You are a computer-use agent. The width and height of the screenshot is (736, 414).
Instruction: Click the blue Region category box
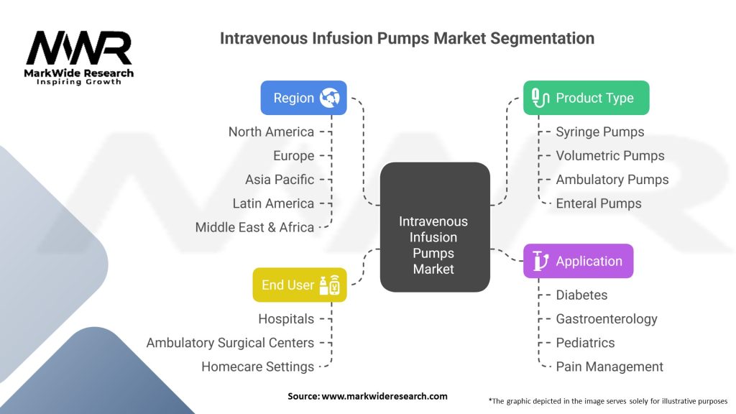tap(303, 98)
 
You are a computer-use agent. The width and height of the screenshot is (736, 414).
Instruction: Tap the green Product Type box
tap(586, 98)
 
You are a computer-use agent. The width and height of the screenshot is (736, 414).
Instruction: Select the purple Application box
tap(578, 261)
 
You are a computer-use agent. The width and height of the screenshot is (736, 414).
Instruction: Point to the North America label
tap(271, 132)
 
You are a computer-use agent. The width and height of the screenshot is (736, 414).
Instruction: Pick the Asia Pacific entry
tap(279, 180)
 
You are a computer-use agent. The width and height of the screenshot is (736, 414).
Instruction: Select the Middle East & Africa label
tap(254, 227)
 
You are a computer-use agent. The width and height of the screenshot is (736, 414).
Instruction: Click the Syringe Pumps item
tap(599, 132)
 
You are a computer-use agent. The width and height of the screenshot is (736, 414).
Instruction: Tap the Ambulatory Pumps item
tap(612, 180)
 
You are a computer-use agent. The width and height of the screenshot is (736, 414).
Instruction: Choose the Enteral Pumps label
tap(598, 203)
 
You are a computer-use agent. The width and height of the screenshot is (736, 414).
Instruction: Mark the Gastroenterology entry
tap(606, 318)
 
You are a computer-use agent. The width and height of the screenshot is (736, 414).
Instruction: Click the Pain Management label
tap(609, 367)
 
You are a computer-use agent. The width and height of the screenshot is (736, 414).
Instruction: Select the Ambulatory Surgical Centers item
tap(230, 343)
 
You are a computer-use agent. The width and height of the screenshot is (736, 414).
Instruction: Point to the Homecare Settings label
tap(257, 367)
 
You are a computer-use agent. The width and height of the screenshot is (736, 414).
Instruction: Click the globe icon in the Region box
tap(330, 98)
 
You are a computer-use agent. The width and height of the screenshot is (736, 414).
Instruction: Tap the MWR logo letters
tap(79, 49)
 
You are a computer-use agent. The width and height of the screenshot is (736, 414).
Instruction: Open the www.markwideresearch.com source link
tap(384, 396)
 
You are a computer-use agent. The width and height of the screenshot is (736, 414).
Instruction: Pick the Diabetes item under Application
tap(581, 295)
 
